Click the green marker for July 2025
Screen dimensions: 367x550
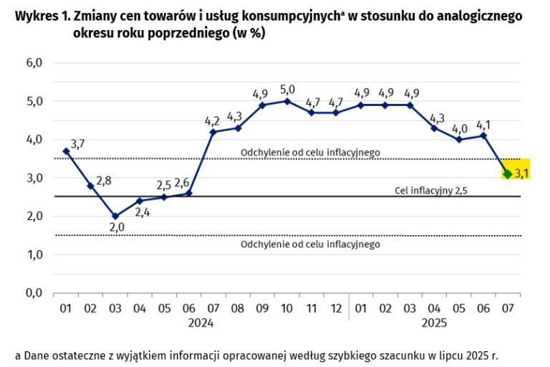tap(507, 173)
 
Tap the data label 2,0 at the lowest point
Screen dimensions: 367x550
tap(115, 227)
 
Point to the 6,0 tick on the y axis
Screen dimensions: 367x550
tap(34, 63)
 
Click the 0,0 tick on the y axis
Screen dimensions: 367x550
tap(34, 293)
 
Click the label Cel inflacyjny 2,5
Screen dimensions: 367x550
tap(426, 191)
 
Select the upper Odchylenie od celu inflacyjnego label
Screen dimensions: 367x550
tap(310, 152)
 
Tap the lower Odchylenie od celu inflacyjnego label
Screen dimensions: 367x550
tap(310, 244)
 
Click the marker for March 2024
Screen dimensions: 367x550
tap(115, 216)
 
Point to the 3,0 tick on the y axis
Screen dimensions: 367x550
tap(34, 178)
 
